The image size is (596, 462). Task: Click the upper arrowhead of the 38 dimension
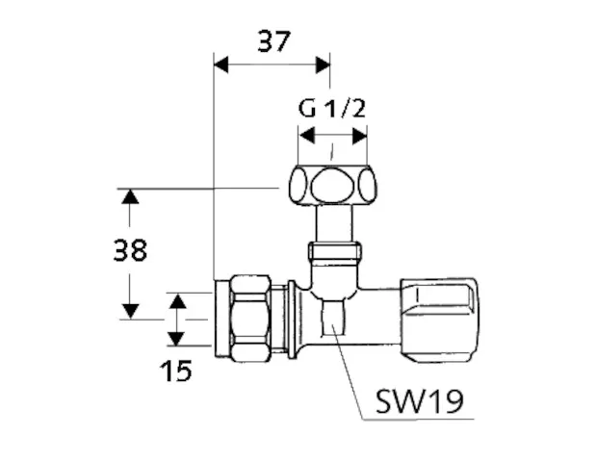[129, 196]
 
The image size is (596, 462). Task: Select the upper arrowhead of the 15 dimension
[176, 300]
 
